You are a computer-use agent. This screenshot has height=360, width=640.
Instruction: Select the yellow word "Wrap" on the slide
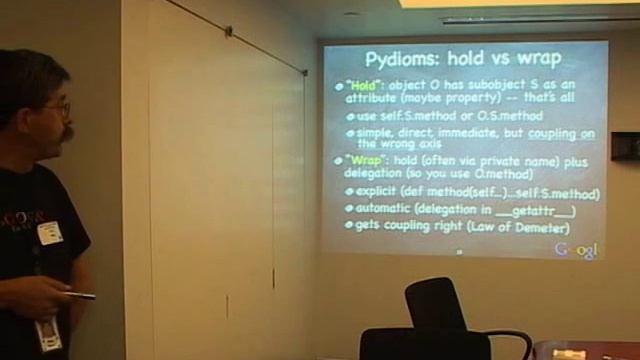[x=363, y=160]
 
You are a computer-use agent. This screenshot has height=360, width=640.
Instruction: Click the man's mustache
[x=67, y=132]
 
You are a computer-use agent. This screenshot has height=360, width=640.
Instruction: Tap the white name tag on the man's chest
[x=50, y=233]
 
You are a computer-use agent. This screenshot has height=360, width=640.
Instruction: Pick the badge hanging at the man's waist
[x=47, y=334]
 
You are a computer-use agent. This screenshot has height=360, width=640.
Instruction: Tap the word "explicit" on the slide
[x=384, y=192]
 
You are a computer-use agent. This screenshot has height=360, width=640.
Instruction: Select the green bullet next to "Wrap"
[x=339, y=161]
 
